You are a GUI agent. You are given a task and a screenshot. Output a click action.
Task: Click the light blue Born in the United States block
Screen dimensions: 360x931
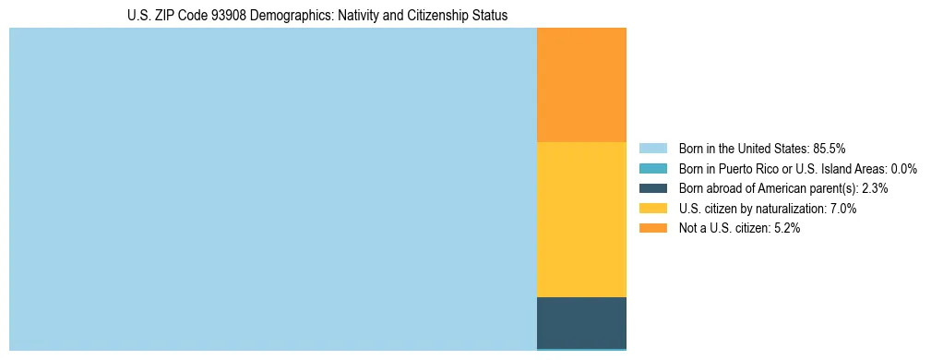(272, 189)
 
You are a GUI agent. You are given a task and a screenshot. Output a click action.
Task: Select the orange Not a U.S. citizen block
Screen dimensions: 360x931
(581, 85)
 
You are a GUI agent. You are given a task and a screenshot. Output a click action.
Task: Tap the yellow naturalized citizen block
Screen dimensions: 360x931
(581, 220)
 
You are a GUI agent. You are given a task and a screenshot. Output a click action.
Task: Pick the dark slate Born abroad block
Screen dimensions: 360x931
(581, 322)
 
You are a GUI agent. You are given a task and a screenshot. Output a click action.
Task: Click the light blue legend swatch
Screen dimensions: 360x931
(652, 148)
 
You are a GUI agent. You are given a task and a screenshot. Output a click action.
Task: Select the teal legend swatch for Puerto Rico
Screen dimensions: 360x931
(652, 168)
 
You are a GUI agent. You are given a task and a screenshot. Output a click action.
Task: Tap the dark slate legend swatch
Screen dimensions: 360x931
(652, 188)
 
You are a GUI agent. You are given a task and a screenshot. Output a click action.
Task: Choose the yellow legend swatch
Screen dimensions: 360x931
(652, 209)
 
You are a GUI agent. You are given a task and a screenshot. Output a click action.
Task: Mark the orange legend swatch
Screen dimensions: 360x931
(652, 229)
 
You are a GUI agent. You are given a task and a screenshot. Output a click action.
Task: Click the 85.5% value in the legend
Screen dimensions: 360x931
(829, 148)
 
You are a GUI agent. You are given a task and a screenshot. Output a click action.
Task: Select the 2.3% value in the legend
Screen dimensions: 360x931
(875, 188)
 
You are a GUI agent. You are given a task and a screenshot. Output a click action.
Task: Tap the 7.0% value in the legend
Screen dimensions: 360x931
(843, 209)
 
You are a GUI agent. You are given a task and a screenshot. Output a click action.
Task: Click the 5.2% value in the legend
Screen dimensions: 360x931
(786, 229)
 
